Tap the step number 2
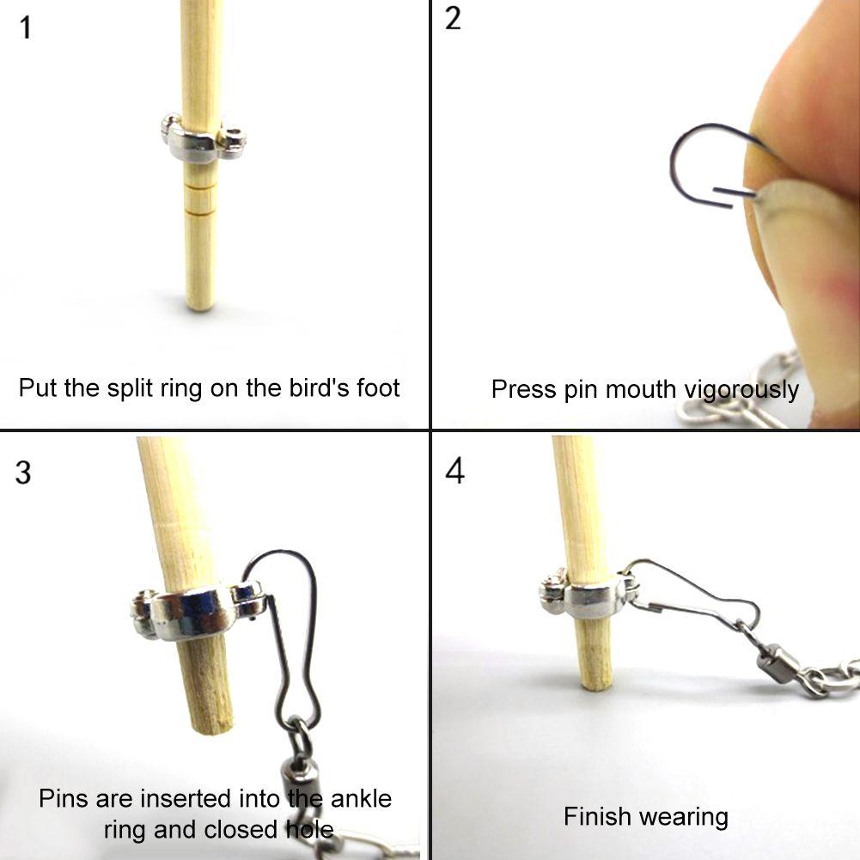click(454, 20)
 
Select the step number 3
click(23, 472)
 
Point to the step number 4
click(455, 471)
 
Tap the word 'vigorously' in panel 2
click(741, 390)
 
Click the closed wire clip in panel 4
click(696, 593)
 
